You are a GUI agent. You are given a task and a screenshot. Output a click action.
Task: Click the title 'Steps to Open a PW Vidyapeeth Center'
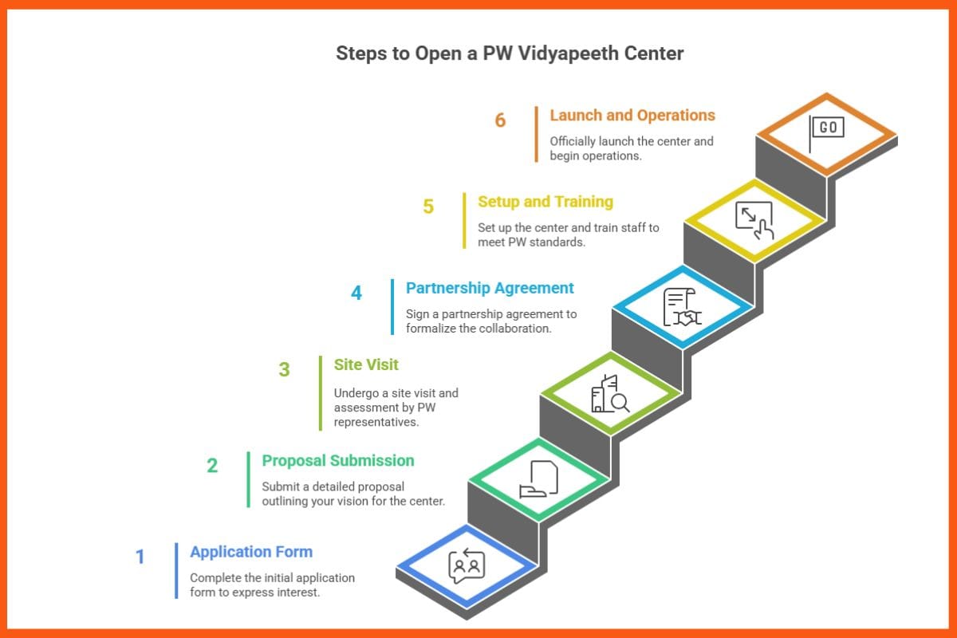(x=510, y=53)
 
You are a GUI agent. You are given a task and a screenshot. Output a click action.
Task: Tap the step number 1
(x=140, y=557)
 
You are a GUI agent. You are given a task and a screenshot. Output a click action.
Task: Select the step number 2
(x=212, y=465)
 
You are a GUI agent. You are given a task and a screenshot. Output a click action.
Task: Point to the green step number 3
(x=284, y=369)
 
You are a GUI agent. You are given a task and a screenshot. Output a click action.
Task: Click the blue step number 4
(x=356, y=293)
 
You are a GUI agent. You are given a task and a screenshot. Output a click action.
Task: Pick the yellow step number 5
(x=428, y=207)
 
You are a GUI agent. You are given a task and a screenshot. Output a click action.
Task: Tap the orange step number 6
(x=500, y=120)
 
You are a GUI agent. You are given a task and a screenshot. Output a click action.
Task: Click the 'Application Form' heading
(x=251, y=552)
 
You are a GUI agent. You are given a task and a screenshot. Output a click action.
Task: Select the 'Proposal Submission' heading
(x=338, y=460)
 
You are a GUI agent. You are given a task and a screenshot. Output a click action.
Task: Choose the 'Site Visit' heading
(x=366, y=364)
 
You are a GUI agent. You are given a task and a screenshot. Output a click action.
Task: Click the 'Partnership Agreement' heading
(x=490, y=288)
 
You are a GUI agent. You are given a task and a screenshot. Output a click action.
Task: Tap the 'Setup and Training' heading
(x=545, y=202)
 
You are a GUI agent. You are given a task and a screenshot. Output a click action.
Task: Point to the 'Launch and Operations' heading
(x=632, y=116)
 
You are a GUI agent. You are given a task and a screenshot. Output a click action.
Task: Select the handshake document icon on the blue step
(x=682, y=308)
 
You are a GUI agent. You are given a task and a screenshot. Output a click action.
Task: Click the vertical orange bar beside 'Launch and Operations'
(x=537, y=135)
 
